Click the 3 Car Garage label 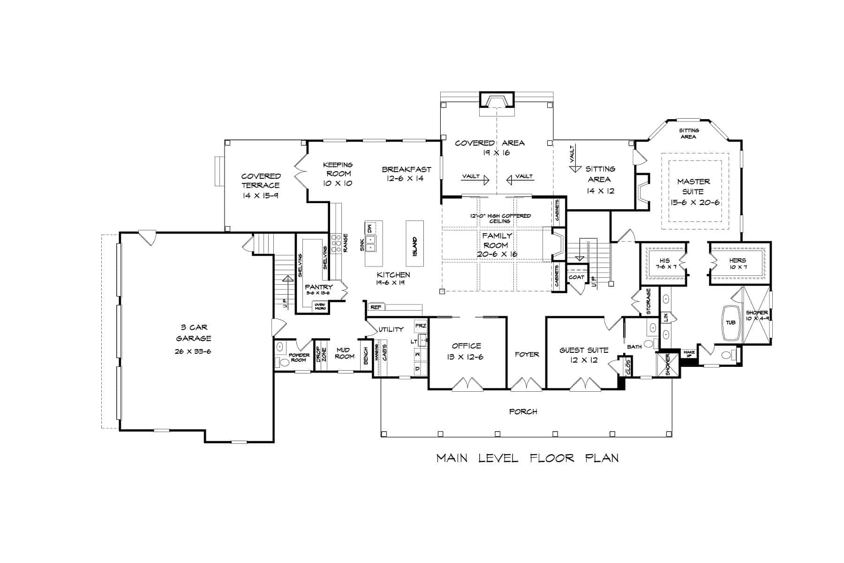click(x=193, y=333)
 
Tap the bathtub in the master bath click(x=731, y=323)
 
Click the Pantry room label click(x=318, y=287)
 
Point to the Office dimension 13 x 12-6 click(x=467, y=357)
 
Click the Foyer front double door click(x=526, y=384)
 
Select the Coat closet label click(x=576, y=277)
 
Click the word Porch click(x=523, y=411)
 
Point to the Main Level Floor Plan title click(x=527, y=458)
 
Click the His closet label click(x=664, y=261)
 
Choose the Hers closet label click(x=737, y=261)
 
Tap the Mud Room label click(x=344, y=353)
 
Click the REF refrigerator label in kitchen click(x=376, y=307)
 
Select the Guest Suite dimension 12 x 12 click(x=584, y=360)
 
